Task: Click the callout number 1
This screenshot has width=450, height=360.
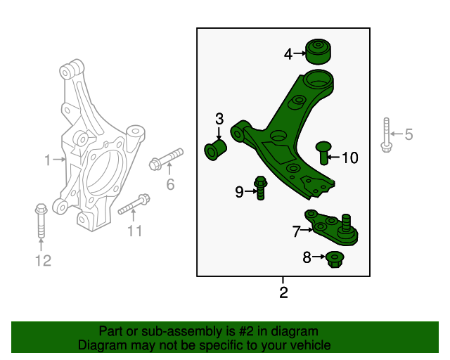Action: (48, 160)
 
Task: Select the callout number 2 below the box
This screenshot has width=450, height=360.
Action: (283, 292)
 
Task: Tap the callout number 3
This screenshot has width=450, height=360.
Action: (219, 118)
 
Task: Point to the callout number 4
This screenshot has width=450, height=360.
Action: (288, 53)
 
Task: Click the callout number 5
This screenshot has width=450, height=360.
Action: (409, 134)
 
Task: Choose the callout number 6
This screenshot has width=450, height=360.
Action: (169, 185)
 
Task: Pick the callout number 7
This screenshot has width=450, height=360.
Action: (296, 229)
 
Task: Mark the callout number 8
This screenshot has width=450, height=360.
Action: (307, 258)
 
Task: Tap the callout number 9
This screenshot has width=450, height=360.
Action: (239, 191)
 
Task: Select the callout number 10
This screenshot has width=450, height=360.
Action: (349, 157)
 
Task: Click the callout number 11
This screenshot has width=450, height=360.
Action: (134, 231)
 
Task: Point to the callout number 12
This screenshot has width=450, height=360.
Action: (44, 261)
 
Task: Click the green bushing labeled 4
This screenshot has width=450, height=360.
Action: (320, 52)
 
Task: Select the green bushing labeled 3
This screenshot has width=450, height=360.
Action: (214, 150)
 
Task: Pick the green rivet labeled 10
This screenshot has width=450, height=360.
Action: (323, 150)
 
